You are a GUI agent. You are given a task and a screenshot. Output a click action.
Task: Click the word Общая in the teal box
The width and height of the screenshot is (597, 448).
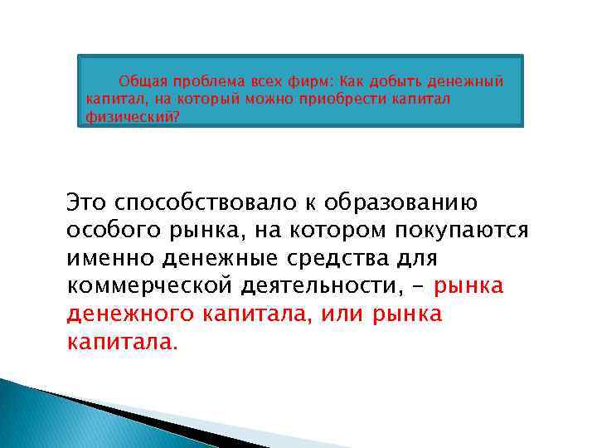click(x=143, y=82)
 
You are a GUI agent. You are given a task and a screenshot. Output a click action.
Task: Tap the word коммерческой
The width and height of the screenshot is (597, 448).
click(x=154, y=287)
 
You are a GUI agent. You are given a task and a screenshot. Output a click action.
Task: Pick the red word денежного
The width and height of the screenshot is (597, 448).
click(x=130, y=315)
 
